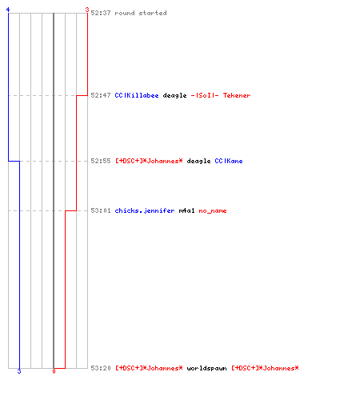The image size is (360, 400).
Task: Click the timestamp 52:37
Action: pos(101,13)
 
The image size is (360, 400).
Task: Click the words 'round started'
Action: pos(141,13)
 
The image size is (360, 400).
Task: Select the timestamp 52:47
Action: pos(101,95)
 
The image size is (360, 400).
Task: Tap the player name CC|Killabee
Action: pos(137,95)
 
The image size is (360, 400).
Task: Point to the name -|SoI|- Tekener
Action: pos(221,95)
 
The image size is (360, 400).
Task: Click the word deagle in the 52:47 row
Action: pos(174,95)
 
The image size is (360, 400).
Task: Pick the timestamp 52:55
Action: pos(101,161)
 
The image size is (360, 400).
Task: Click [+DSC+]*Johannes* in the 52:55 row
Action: pos(149,161)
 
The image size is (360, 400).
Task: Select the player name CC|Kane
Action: pos(229,161)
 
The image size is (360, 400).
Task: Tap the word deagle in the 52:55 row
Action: pos(198,161)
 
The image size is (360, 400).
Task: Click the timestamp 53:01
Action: pos(101,210)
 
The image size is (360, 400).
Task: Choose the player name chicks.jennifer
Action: pos(145,210)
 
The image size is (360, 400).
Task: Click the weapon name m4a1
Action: pos(186,210)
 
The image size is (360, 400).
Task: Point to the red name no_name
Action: pos(213,210)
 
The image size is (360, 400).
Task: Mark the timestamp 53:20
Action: pos(101,368)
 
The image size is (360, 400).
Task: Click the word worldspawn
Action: pos(206,368)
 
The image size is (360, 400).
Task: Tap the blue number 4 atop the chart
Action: pos(8,10)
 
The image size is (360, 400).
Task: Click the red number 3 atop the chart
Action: pos(87,10)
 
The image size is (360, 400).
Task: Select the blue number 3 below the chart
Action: pos(19,371)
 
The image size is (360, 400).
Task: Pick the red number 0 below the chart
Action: pos(54,371)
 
